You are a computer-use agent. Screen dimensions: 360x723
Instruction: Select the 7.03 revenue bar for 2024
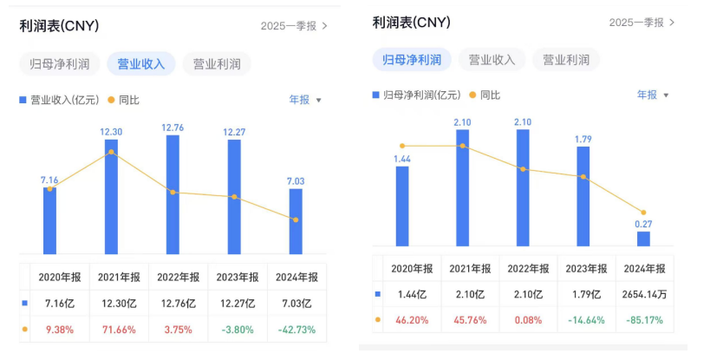[x=296, y=221]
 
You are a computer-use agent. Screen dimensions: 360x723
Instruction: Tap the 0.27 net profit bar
[x=643, y=239]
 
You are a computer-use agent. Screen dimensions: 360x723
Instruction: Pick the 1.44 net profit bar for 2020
[x=402, y=206]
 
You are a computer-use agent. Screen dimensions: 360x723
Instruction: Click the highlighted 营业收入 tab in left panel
[x=141, y=63]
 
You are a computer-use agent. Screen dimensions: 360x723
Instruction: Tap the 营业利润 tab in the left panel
[x=217, y=63]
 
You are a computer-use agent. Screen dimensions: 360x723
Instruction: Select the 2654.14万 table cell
[x=642, y=294]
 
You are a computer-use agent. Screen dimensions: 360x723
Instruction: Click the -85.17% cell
[x=642, y=320]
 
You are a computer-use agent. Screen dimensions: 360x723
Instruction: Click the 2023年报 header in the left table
[x=237, y=277]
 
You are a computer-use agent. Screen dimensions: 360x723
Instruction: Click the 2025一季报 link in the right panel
[x=641, y=22]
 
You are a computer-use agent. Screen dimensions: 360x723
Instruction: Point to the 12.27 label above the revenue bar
[x=234, y=133]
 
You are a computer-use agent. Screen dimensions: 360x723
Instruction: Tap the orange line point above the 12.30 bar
[x=111, y=152]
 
